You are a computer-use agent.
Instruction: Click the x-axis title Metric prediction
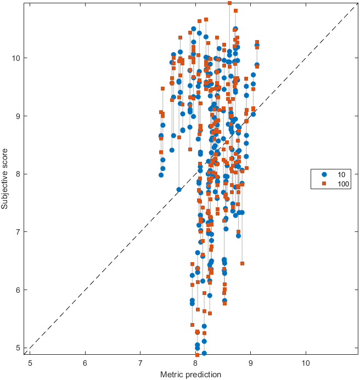[190, 375]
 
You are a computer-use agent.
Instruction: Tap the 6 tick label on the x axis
[85, 363]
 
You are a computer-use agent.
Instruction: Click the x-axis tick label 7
[140, 363]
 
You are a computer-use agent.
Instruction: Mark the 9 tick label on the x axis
[251, 363]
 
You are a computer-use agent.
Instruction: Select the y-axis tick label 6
[20, 290]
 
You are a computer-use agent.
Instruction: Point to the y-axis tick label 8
[20, 174]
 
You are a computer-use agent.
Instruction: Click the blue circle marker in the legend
[320, 175]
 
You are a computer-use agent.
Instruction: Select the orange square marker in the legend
[320, 184]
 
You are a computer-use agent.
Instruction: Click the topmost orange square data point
[229, 3]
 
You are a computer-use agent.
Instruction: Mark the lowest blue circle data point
[204, 353]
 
